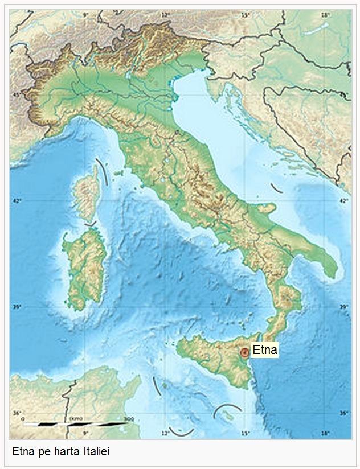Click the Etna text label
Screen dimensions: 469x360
click(x=264, y=350)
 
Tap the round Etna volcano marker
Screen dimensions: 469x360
click(x=245, y=352)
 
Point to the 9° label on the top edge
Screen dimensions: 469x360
click(x=86, y=14)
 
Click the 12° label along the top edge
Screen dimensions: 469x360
click(x=165, y=14)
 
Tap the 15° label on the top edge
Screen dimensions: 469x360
click(x=245, y=14)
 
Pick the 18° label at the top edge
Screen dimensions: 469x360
click(x=325, y=14)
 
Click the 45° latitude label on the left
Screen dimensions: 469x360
click(x=17, y=95)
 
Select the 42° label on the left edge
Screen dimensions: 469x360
click(x=17, y=201)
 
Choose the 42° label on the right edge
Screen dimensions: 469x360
click(x=343, y=201)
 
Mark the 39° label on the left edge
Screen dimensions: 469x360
click(x=17, y=307)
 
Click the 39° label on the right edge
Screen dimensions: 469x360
click(x=343, y=307)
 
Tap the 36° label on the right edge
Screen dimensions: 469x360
click(x=343, y=413)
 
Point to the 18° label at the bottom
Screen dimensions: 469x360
click(x=325, y=434)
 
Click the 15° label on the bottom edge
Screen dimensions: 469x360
click(x=245, y=434)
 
